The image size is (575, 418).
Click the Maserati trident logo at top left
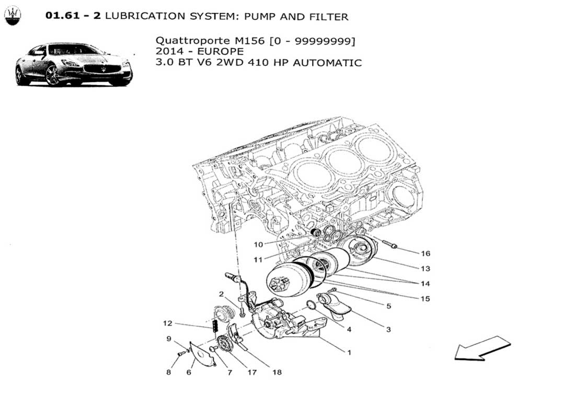(13, 16)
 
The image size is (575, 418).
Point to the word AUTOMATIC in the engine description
(327, 63)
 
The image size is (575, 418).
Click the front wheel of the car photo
(52, 75)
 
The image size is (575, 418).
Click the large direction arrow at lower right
(482, 349)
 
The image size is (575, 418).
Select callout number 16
(425, 253)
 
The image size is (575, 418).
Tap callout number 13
(425, 269)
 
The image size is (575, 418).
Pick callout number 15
(425, 299)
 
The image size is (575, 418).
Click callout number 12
(168, 323)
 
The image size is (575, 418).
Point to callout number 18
(277, 373)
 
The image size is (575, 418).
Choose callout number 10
(258, 245)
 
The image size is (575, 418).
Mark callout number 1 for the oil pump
(349, 353)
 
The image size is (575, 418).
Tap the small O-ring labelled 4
(311, 305)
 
